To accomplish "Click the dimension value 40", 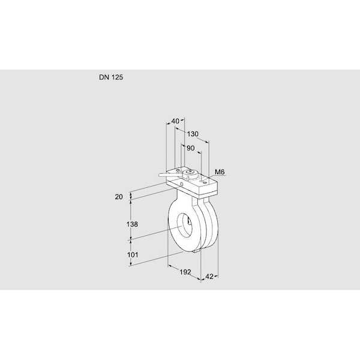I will tap(175, 121).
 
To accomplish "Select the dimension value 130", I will tap(193, 134).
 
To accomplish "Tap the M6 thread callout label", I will tap(220, 172).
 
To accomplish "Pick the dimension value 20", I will tap(119, 196).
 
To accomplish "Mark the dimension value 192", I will tap(185, 272).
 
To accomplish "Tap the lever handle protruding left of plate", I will tap(167, 175).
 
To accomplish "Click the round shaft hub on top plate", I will tap(191, 174).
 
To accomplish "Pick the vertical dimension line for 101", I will tap(130, 253).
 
